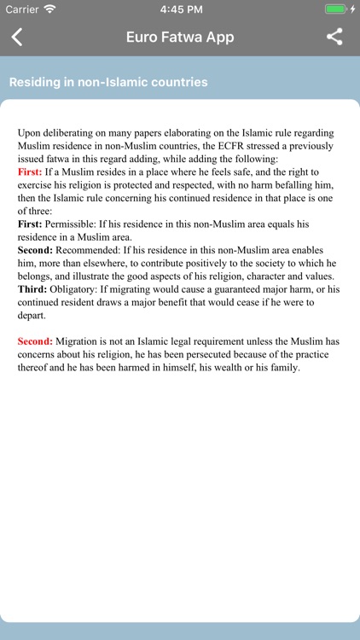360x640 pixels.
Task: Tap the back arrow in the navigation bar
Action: (17, 37)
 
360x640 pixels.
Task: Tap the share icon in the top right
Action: (334, 37)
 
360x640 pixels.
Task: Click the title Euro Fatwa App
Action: (180, 37)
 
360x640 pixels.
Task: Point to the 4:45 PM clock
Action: (180, 9)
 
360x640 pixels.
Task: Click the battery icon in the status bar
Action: (336, 9)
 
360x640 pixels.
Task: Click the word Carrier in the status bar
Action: (21, 9)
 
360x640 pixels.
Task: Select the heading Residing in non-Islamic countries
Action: (108, 83)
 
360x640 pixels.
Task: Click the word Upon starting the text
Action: (31, 133)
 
